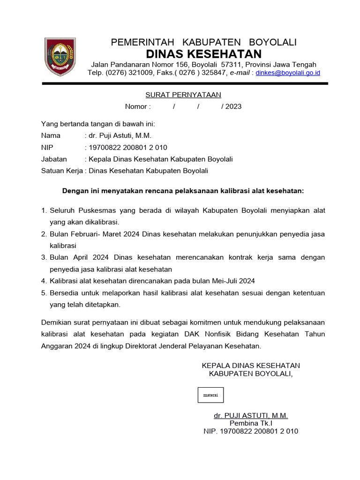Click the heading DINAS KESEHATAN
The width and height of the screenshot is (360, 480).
coord(203,53)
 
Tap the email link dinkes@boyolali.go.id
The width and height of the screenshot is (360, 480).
coord(288,73)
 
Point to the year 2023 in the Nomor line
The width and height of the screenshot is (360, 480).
coord(233,106)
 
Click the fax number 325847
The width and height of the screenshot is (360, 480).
coord(212,73)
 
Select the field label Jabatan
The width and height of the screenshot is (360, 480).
coord(54,159)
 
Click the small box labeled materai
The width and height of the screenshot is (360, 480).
coord(210,395)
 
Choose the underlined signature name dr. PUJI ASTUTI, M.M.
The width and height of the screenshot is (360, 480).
coord(251,415)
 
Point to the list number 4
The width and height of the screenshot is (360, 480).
coord(44,281)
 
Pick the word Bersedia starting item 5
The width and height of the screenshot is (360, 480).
coord(65,292)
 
